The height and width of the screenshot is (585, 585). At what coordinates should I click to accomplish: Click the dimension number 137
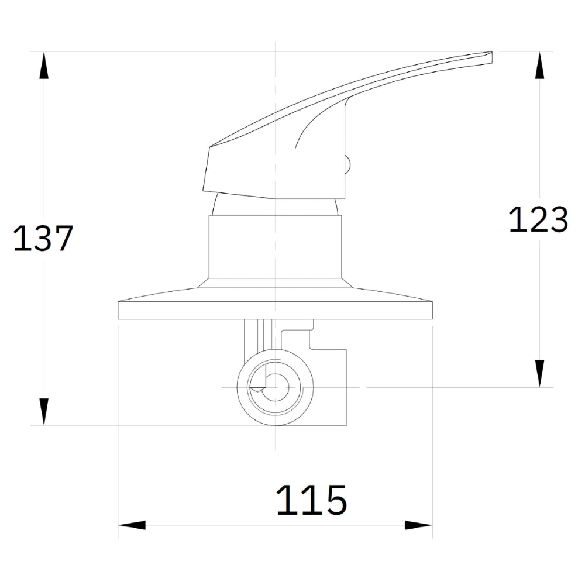43,239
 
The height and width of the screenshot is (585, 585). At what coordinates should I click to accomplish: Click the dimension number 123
538,219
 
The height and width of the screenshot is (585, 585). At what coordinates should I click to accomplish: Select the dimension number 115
312,500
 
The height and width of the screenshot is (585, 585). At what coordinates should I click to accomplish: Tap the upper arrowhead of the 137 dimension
44,65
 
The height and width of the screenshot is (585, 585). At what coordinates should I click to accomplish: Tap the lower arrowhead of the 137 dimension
44,412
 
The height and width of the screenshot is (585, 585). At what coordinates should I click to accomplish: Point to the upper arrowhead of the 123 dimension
539,65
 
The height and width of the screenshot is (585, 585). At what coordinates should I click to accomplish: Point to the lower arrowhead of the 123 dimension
539,373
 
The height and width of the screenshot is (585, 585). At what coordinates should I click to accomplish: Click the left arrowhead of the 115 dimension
132,525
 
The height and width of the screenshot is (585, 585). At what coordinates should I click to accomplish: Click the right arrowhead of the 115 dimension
419,525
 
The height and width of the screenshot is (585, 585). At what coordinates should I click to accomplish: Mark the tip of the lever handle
492,52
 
